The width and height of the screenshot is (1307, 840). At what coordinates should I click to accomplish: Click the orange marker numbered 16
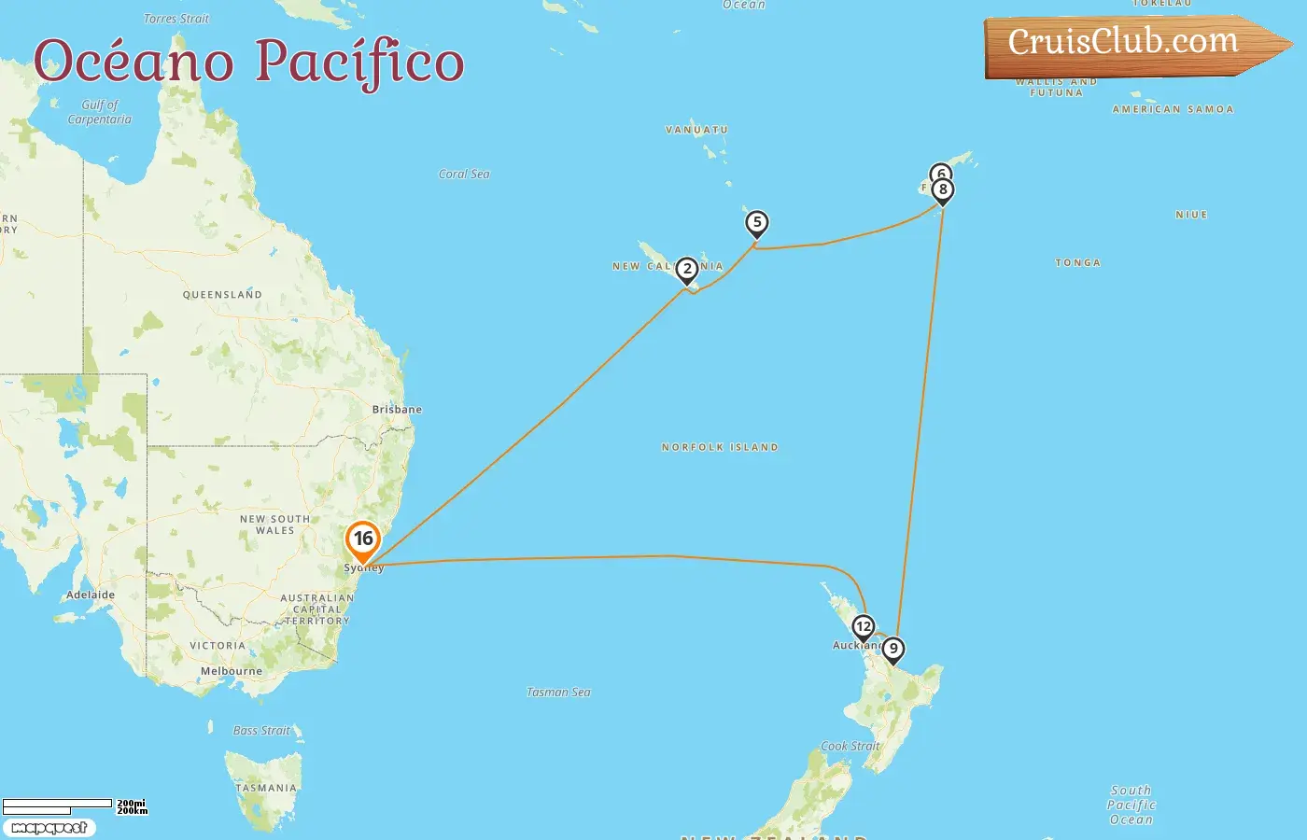pos(362,539)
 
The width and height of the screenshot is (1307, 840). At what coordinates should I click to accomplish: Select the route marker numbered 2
pos(687,270)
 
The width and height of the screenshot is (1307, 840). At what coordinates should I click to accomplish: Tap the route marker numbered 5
pos(757,223)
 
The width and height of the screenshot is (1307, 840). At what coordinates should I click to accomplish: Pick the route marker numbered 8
pos(943,190)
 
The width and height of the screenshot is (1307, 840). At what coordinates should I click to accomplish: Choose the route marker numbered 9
pos(893,649)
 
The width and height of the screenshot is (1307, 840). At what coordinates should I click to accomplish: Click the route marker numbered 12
pos(864,627)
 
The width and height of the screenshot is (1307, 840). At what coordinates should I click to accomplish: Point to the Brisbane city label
pos(397,410)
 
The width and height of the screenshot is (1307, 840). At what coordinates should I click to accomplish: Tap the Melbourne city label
pos(232,671)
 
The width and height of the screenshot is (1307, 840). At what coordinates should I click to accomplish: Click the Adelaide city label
pos(91,595)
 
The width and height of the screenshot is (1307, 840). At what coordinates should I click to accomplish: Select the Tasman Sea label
pos(558,693)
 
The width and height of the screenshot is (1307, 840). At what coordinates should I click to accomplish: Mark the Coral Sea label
pos(464,175)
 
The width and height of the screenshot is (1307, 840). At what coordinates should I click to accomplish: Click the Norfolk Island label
pos(720,448)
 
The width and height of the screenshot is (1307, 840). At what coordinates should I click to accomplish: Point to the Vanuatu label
pos(696,131)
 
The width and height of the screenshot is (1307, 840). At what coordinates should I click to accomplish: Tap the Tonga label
pos(1078,263)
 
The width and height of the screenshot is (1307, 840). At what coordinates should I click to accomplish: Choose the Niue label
pos(1191,215)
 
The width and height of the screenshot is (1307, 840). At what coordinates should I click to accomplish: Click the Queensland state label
pos(222,295)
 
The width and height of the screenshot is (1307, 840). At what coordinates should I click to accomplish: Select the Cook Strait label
pos(850,747)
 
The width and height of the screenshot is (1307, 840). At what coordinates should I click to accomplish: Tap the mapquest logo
pos(49,828)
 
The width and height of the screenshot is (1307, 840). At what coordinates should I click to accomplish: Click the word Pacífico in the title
pos(359,62)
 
